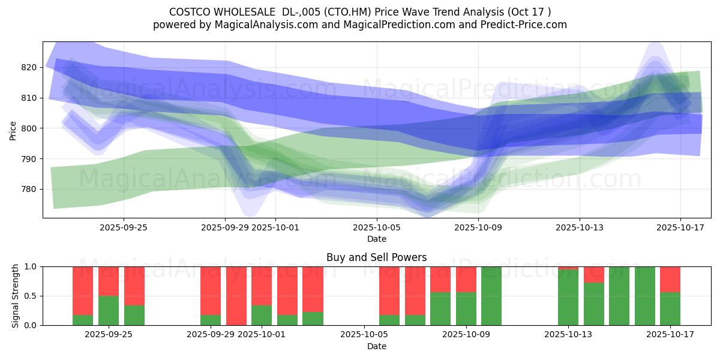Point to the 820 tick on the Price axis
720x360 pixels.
point(29,67)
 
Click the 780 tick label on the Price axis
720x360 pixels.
point(29,189)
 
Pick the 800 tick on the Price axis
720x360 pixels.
point(29,128)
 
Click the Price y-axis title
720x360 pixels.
point(13,130)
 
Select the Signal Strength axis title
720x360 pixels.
point(16,296)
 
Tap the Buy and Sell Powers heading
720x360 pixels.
point(376,257)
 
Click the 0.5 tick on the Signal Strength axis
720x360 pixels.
point(31,296)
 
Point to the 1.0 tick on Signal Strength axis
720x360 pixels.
point(31,266)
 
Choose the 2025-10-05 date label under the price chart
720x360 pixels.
point(376,227)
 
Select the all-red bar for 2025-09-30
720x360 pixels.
point(236,296)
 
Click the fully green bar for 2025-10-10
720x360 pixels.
point(491,296)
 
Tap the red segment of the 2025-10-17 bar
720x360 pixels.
point(670,279)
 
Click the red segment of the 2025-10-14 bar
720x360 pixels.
point(593,274)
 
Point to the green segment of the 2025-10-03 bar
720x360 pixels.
point(313,319)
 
